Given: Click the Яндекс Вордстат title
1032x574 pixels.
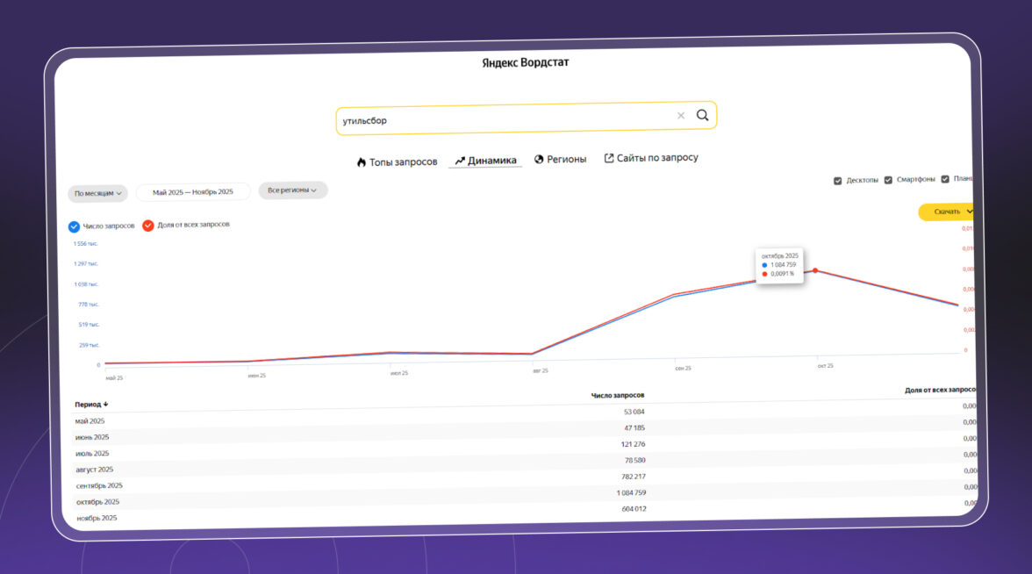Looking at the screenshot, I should tap(526, 62).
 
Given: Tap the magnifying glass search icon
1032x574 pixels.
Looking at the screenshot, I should tap(702, 116).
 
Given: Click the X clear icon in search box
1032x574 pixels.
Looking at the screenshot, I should tap(681, 116).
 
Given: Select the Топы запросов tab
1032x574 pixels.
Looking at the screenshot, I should tap(397, 161).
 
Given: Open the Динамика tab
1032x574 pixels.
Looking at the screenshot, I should tap(485, 161).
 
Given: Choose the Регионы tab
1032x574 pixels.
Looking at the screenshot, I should tap(560, 159).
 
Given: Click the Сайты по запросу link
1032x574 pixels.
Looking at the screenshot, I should tap(651, 158).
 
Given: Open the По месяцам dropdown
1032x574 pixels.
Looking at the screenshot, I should tap(97, 193).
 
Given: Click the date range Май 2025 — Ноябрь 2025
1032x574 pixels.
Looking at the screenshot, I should tap(193, 191).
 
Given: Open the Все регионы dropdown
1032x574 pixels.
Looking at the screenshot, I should tap(292, 190).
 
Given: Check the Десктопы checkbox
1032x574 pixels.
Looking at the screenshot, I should tap(838, 181).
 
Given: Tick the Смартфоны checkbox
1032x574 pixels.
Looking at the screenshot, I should tap(888, 180).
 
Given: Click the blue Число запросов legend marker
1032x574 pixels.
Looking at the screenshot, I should tap(75, 226).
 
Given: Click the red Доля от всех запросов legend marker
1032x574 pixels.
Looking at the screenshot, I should tap(148, 226).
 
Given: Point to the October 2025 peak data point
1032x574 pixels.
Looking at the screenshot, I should tap(816, 270).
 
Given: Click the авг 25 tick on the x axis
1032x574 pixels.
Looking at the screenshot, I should tap(540, 370).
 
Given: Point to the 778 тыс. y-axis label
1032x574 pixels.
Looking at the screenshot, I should tap(89, 305).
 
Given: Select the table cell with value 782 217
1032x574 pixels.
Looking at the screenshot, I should tap(631, 476).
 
